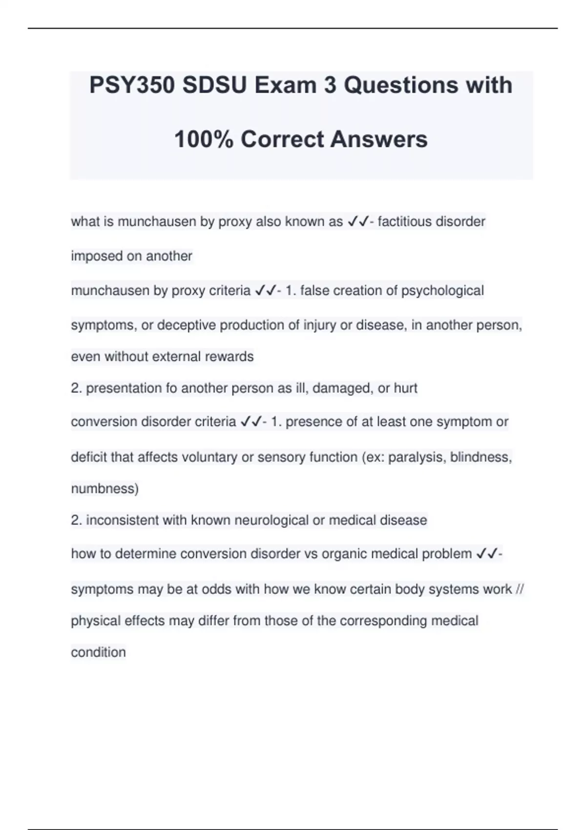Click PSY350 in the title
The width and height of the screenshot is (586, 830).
click(132, 86)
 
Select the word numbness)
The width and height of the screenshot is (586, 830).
click(105, 489)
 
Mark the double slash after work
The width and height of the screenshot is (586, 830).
click(520, 589)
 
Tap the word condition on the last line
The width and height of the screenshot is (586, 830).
click(98, 653)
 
